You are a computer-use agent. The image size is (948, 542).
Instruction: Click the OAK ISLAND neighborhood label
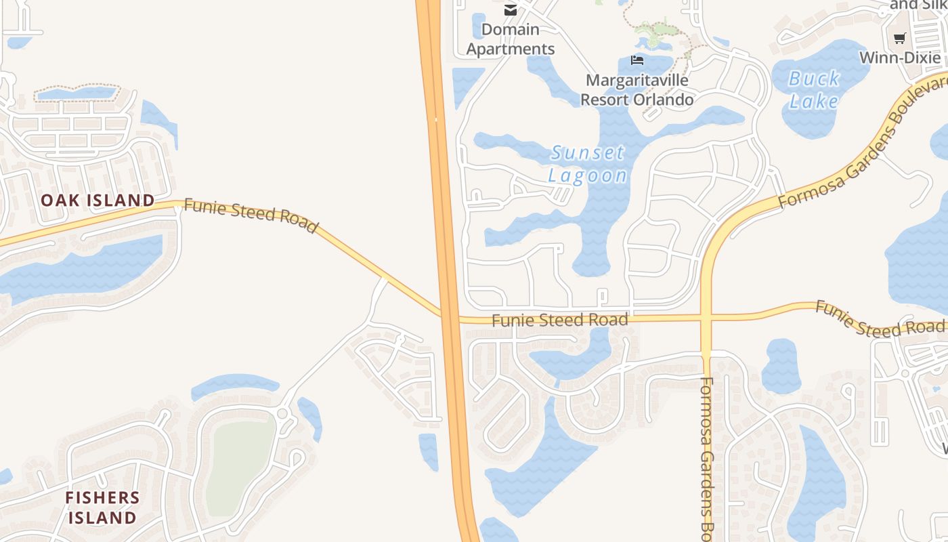pyautogui.click(x=98, y=200)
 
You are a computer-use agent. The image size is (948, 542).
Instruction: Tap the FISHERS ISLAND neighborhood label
pyautogui.click(x=102, y=507)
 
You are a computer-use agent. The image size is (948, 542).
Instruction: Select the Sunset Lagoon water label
pyautogui.click(x=587, y=164)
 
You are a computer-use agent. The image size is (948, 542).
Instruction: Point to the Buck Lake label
pyautogui.click(x=814, y=89)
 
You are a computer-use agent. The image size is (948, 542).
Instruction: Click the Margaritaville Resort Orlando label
pyautogui.click(x=637, y=90)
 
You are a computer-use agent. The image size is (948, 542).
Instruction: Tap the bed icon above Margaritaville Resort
pyautogui.click(x=637, y=60)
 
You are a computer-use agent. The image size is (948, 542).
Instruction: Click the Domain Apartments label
pyautogui.click(x=511, y=39)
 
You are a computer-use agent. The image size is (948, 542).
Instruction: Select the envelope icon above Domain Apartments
pyautogui.click(x=511, y=10)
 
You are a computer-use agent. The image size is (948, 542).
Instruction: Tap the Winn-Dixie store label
pyautogui.click(x=899, y=58)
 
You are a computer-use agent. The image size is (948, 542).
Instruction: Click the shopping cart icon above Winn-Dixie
pyautogui.click(x=899, y=39)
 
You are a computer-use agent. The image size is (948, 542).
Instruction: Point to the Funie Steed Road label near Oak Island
pyautogui.click(x=251, y=215)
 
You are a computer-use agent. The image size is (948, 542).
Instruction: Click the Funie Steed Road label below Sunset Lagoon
pyautogui.click(x=559, y=320)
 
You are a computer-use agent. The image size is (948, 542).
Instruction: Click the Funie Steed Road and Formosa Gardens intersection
pyautogui.click(x=706, y=317)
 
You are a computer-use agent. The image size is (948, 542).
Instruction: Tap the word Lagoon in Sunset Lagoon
pyautogui.click(x=587, y=175)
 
